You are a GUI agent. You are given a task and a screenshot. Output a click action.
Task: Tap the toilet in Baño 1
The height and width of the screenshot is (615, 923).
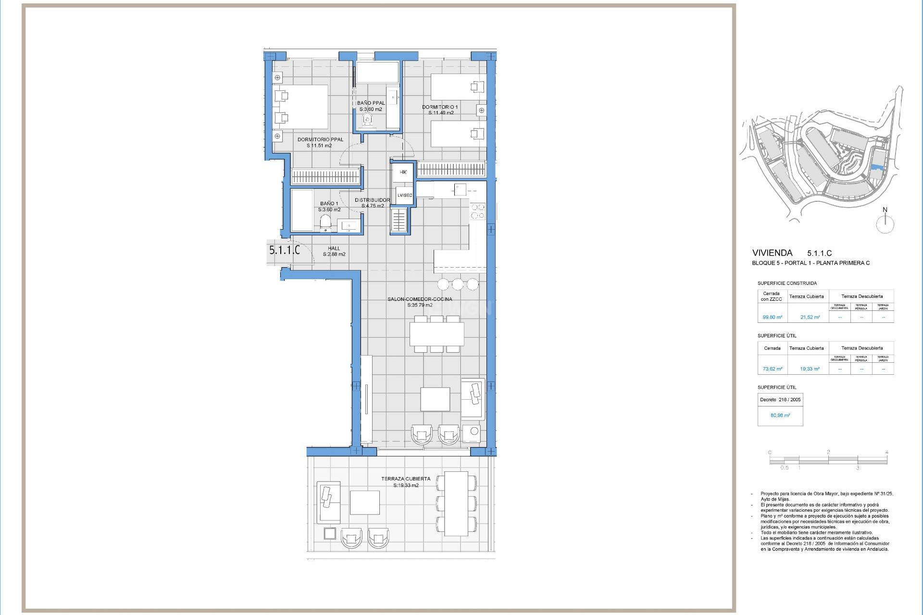(325, 222)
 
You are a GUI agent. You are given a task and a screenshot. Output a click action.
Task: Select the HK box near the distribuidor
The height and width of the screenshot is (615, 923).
(403, 172)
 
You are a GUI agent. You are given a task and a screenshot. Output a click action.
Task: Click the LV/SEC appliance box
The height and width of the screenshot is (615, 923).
(404, 195)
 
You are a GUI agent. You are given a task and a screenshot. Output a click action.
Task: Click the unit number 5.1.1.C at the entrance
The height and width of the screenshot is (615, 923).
(284, 250)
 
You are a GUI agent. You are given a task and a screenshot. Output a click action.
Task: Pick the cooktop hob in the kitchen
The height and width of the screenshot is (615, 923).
(477, 211)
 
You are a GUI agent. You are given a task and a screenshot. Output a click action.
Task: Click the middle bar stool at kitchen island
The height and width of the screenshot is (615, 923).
(458, 284)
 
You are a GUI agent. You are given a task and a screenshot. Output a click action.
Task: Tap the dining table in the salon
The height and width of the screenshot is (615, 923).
(437, 334)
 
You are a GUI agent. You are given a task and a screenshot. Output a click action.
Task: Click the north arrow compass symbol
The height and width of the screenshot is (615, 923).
(885, 223)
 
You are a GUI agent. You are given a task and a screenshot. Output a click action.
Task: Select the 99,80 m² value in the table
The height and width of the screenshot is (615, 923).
(772, 317)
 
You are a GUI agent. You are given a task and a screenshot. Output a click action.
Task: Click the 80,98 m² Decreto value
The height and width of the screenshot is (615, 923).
(780, 415)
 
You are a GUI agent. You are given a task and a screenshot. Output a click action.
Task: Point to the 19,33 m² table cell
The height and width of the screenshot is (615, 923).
(810, 369)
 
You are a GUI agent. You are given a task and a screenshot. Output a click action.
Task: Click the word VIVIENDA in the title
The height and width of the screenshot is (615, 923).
(772, 253)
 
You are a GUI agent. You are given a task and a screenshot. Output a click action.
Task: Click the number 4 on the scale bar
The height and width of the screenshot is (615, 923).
(886, 452)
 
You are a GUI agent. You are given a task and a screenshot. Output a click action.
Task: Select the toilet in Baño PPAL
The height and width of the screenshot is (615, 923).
(368, 121)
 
